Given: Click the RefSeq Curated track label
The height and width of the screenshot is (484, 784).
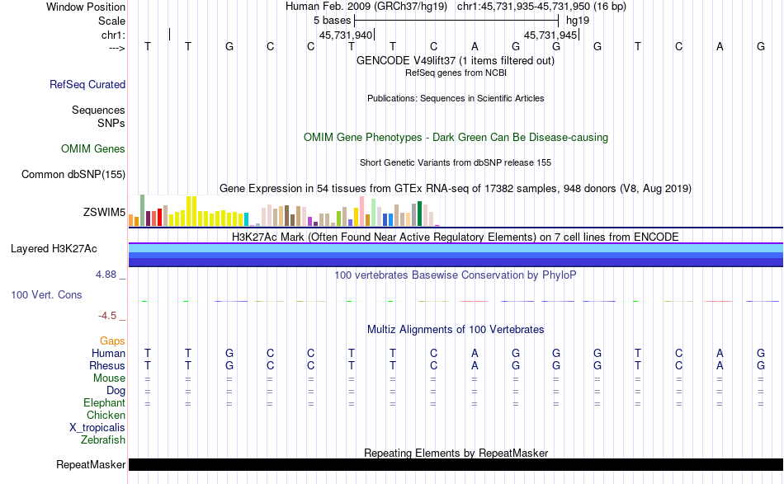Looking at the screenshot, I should (87, 84).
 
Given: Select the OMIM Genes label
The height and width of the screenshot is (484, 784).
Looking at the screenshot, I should (93, 149).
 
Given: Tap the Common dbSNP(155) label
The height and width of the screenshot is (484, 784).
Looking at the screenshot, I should (73, 174).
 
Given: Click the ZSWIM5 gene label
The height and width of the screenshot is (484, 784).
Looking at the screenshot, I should (104, 213).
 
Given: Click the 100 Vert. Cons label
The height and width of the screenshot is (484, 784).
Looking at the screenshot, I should (46, 294).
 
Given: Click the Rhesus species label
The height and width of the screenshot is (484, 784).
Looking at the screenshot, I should (107, 366).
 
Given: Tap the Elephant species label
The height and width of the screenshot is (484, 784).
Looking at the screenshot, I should (104, 403).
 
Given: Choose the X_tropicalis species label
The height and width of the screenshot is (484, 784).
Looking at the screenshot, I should (97, 428).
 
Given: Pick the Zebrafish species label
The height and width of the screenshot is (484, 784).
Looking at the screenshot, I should (103, 440).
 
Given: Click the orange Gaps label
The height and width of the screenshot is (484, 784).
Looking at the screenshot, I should (112, 341).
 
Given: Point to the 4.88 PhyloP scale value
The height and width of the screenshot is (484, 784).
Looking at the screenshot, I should (111, 275).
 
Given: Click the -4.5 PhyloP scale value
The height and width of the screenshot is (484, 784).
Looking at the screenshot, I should (113, 315).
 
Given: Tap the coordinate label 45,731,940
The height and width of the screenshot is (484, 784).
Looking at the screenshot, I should (346, 35).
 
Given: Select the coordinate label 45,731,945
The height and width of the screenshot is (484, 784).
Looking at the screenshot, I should (550, 35).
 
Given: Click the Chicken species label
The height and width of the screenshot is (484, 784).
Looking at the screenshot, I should (106, 416).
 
